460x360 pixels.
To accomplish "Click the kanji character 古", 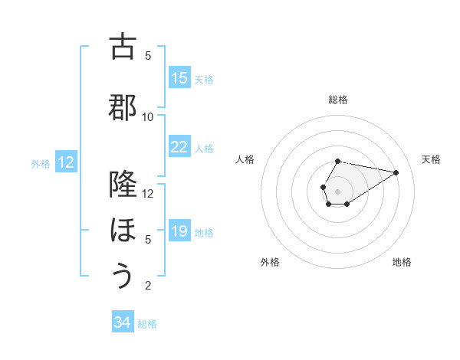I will (123, 47).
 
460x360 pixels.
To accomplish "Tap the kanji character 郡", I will (123, 107).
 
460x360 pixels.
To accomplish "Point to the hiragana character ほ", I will (123, 230).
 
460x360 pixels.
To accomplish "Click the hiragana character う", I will (123, 275).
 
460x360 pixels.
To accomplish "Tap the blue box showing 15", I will (179, 78).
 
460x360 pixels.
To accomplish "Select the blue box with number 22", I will (179, 147).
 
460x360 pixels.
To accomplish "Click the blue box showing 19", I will (179, 231).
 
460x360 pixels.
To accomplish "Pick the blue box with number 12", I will (66, 162).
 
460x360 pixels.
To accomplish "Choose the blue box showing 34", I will (123, 322).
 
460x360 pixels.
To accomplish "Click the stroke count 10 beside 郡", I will (148, 116).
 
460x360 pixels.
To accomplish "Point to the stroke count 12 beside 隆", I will (148, 193).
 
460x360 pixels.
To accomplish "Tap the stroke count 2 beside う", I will (148, 286).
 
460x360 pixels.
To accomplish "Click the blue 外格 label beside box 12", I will (41, 163).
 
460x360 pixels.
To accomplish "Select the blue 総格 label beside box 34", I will (147, 323).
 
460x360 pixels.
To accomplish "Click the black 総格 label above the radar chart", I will (338, 100).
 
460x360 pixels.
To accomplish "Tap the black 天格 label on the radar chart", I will (432, 159).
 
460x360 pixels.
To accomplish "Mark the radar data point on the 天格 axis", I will (396, 172).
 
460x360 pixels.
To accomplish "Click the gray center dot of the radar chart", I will (337, 190).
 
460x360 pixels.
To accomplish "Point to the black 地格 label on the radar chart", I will (402, 262).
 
